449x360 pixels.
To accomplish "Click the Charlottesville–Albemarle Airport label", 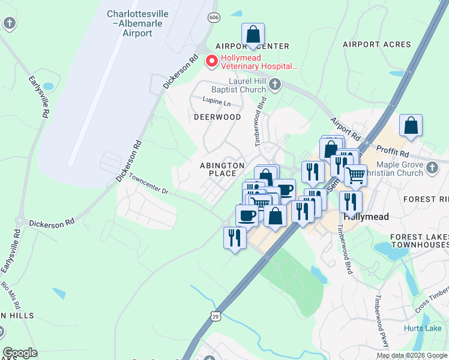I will pos(129,23).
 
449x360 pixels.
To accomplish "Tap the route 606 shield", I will pos(214,18).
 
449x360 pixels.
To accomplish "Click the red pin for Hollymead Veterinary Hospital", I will pos(211,61).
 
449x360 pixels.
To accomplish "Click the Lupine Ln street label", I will pos(217,102).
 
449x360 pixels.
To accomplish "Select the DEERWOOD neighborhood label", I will pos(217,117).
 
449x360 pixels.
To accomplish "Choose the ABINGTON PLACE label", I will pos(223,169).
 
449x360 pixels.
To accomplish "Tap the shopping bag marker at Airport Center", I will pos(253,34).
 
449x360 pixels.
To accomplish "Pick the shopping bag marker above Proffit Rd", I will pos(411,125).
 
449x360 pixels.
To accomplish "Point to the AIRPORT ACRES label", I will pos(377,44).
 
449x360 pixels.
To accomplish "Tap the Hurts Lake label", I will pos(422,328).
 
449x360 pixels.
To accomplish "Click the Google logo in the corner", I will pos(20,353).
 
